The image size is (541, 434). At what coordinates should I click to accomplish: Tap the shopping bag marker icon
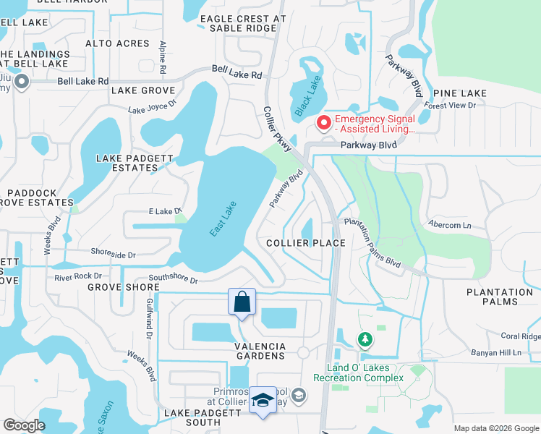242,302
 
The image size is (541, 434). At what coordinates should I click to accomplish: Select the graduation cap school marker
263,400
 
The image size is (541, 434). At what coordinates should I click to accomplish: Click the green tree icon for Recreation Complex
365,339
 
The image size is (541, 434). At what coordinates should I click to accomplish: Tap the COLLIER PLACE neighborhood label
305,243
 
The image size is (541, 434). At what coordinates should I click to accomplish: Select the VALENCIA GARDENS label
259,352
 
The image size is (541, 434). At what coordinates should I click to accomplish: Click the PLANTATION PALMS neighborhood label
499,297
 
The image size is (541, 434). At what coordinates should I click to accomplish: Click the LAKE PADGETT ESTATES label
127,163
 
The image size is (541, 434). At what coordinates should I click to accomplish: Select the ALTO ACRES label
117,43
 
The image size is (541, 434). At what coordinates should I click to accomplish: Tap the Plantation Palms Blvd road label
372,242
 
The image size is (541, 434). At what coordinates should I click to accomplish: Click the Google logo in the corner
25,425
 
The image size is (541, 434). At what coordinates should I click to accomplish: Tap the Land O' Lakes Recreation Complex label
359,373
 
